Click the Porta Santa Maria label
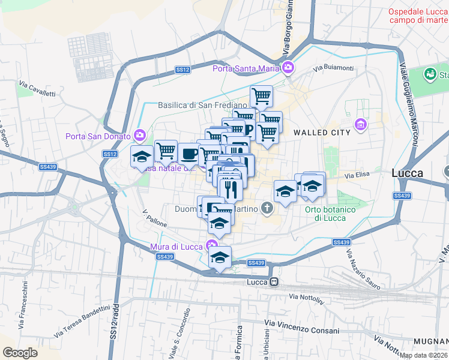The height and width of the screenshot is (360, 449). (246, 68)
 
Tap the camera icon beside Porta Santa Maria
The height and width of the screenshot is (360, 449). (289, 68)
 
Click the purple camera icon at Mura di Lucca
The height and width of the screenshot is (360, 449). (211, 244)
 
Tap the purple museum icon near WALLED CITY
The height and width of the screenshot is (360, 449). (361, 124)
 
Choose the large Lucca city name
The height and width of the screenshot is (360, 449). (407, 173)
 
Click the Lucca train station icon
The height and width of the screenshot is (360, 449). (274, 281)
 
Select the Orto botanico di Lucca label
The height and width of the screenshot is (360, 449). (330, 213)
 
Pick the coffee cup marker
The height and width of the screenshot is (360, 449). (188, 154)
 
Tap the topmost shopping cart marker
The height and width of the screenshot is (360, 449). (261, 96)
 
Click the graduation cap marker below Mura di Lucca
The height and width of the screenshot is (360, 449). (220, 257)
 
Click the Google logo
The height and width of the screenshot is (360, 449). (20, 353)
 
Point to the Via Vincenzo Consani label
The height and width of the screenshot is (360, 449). (301, 330)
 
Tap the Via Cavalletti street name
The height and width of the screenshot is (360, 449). (37, 89)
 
